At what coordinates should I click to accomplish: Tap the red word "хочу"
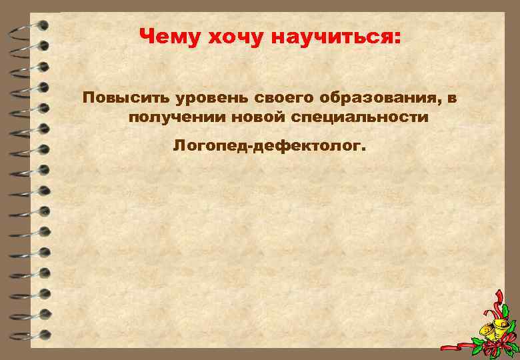[228, 38]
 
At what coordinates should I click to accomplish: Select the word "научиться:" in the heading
[336, 38]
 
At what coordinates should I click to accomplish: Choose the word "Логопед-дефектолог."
[269, 145]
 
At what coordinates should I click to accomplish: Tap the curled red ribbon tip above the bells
[497, 297]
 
